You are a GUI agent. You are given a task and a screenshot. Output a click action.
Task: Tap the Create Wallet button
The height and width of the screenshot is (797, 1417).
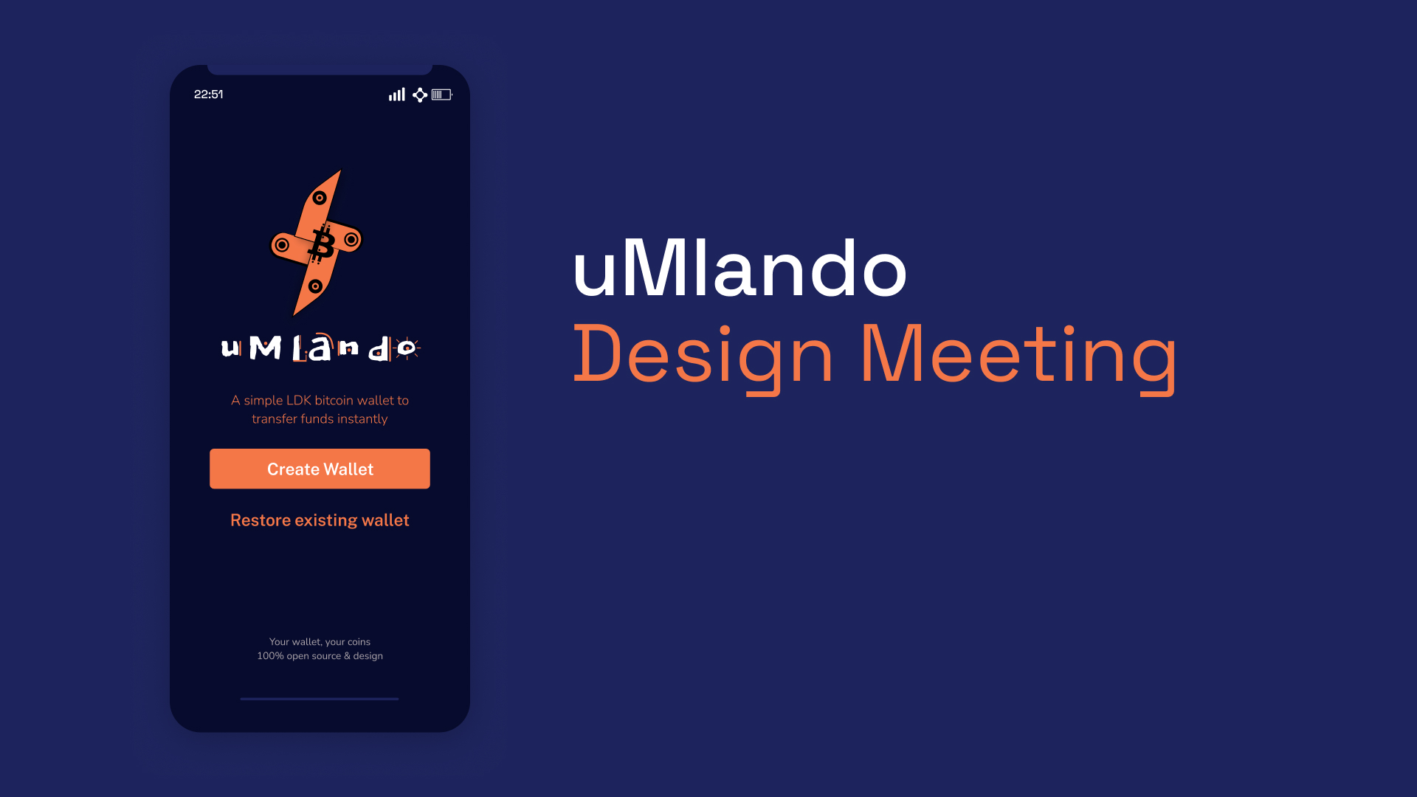320,469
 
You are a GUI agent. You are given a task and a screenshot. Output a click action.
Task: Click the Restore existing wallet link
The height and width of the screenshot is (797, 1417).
320,520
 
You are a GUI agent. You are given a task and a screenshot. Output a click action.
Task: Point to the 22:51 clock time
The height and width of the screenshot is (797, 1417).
208,94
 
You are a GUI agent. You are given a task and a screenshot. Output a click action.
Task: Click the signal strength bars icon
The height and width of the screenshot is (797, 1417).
397,94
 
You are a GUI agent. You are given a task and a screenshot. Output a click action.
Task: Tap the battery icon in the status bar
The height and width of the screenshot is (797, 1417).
441,94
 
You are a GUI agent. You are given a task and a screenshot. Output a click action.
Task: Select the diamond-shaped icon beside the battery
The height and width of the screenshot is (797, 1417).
420,94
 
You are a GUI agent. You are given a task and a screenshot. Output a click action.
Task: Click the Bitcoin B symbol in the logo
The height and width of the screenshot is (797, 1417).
321,244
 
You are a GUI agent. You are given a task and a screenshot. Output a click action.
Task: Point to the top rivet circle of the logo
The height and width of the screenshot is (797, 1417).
320,198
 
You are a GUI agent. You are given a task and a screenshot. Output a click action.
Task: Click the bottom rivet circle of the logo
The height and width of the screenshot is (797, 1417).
315,286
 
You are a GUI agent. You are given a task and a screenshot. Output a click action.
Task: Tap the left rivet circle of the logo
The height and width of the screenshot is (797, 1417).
282,245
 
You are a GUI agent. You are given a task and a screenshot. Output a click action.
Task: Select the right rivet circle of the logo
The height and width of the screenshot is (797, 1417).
351,239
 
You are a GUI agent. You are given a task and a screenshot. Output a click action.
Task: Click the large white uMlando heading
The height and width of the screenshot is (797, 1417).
739,269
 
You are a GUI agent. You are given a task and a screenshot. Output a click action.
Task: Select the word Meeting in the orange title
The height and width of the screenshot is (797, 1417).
1018,356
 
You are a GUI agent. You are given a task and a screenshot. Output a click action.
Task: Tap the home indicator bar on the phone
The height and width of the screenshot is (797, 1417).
319,699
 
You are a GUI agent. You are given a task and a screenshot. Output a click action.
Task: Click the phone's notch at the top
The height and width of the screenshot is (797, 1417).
320,69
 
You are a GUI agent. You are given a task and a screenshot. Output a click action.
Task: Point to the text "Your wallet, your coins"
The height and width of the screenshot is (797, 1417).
320,642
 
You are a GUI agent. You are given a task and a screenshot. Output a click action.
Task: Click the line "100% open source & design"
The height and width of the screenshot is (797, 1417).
320,656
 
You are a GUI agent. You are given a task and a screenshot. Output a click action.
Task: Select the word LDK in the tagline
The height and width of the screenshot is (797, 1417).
298,400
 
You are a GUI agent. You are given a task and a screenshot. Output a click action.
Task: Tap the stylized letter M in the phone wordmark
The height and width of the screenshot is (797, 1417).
265,348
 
